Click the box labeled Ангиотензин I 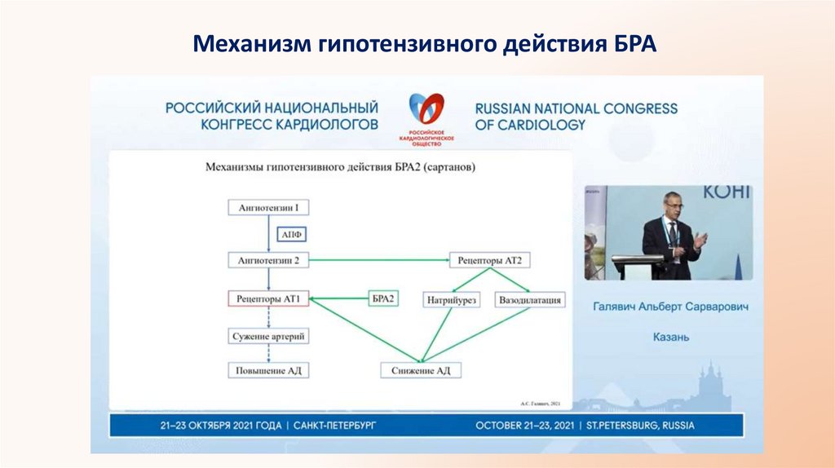[269, 207]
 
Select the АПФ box [292, 235]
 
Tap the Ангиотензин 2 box [269, 261]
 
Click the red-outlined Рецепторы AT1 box [269, 299]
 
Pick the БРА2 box [382, 299]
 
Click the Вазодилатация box [530, 300]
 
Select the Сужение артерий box [269, 336]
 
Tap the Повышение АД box [269, 370]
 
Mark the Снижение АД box [421, 370]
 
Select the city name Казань [671, 336]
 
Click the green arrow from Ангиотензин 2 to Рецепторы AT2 [379, 261]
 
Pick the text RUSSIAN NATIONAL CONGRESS [576, 108]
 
